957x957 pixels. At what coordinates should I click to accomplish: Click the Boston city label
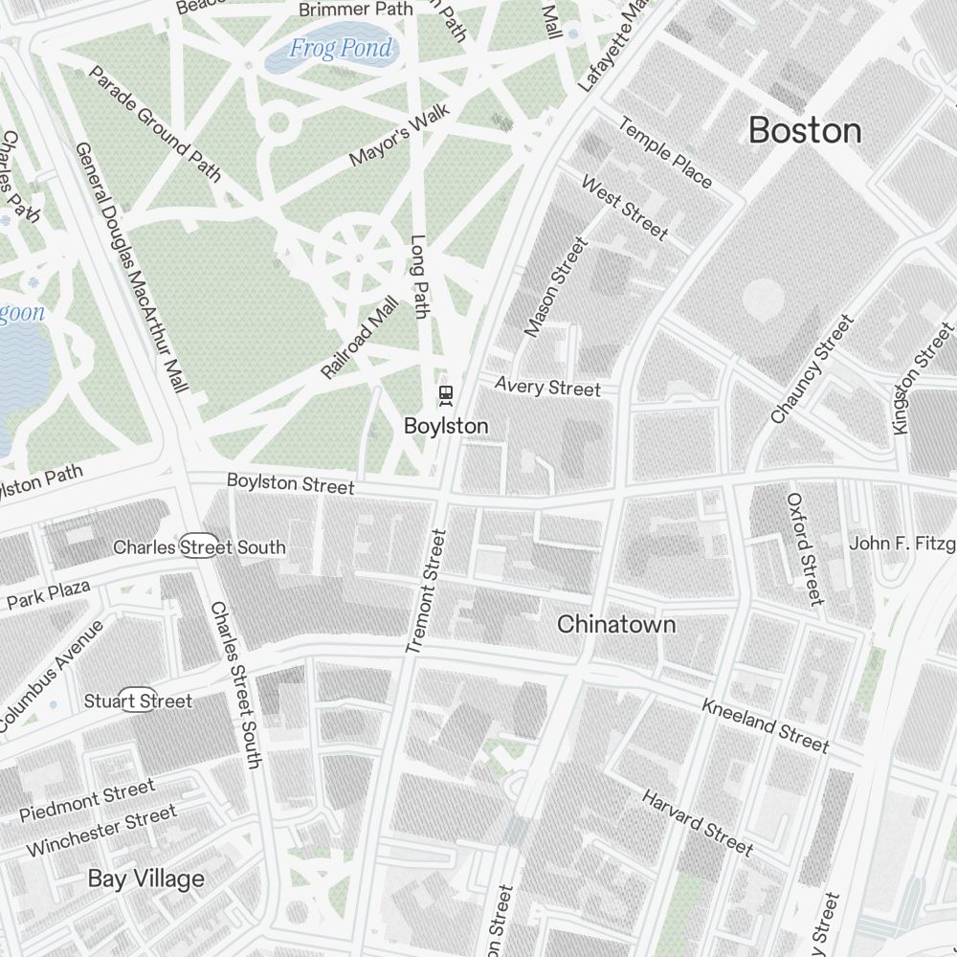pyautogui.click(x=805, y=130)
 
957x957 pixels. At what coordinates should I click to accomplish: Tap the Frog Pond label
pyautogui.click(x=341, y=49)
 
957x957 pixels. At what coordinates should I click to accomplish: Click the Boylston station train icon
pyautogui.click(x=445, y=393)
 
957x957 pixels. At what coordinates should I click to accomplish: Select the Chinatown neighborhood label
pyautogui.click(x=616, y=625)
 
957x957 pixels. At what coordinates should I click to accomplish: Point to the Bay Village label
pyautogui.click(x=146, y=879)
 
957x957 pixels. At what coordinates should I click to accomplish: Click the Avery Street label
pyautogui.click(x=547, y=387)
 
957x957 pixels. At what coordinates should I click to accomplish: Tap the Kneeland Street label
pyautogui.click(x=765, y=724)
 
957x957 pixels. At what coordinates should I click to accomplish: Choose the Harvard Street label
pyautogui.click(x=697, y=821)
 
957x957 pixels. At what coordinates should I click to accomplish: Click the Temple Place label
pyautogui.click(x=665, y=152)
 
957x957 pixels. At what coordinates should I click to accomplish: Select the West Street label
pyautogui.click(x=624, y=208)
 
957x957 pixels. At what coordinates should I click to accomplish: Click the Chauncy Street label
pyautogui.click(x=812, y=369)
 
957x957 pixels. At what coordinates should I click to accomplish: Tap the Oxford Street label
pyautogui.click(x=804, y=549)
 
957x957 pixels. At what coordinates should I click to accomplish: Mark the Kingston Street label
pyautogui.click(x=923, y=379)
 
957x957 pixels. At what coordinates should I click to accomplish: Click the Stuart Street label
pyautogui.click(x=139, y=701)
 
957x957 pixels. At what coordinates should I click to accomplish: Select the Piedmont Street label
pyautogui.click(x=86, y=801)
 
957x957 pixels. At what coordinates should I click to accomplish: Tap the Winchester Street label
pyautogui.click(x=100, y=831)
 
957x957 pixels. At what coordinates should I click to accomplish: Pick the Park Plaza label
pyautogui.click(x=48, y=594)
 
